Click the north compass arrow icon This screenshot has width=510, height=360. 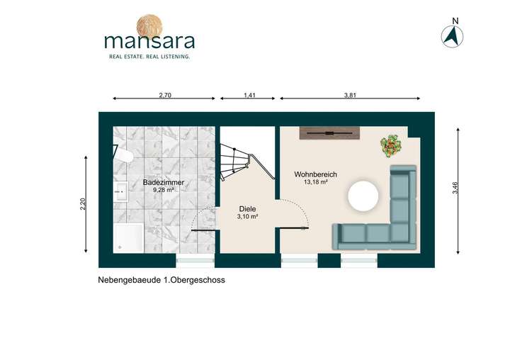coord(452,37)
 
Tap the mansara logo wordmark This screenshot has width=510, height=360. coord(149,40)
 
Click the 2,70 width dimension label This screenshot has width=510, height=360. coord(164,94)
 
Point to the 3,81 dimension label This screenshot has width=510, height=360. coord(350,94)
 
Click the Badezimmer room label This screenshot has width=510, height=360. coord(164,182)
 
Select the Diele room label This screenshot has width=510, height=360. coord(247,209)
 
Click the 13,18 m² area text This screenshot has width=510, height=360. coord(315,182)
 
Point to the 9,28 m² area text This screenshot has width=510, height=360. coord(164,190)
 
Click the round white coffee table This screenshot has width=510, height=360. coord(365,196)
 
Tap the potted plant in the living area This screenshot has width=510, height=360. coord(392,146)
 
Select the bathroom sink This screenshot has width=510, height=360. coord(120,190)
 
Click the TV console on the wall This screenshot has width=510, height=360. coord(330,133)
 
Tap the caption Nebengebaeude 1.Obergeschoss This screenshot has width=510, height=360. coord(161,280)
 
